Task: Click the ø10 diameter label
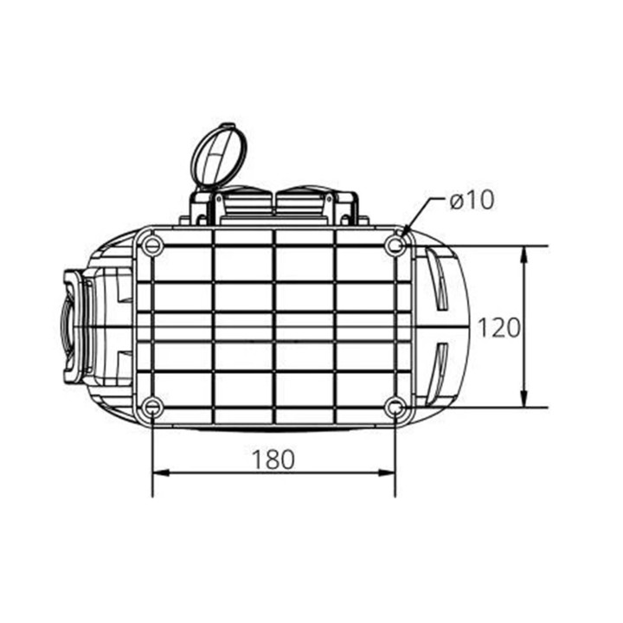pyautogui.click(x=472, y=200)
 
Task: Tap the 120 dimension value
pyautogui.click(x=498, y=328)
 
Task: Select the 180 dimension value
pyautogui.click(x=273, y=459)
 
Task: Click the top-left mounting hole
pyautogui.click(x=152, y=246)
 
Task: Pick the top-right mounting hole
pyautogui.click(x=395, y=246)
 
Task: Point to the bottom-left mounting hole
pyautogui.click(x=152, y=408)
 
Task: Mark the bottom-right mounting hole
pyautogui.click(x=395, y=408)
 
